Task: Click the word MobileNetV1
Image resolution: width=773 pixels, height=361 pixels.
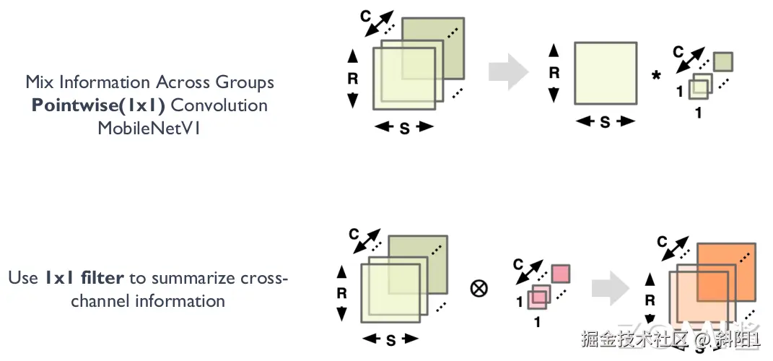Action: click(x=149, y=128)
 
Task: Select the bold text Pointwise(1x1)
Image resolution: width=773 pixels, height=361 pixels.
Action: click(x=99, y=105)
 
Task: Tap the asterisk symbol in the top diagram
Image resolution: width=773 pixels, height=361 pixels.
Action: click(x=656, y=75)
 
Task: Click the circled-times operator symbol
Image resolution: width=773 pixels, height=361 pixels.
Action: click(x=479, y=288)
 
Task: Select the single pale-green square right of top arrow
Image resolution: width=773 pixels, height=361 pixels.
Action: click(x=605, y=74)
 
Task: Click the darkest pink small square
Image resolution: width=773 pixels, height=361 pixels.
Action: click(x=560, y=274)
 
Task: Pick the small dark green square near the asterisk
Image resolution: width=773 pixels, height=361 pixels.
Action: click(x=724, y=61)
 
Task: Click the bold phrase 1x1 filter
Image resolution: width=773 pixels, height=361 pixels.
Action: click(x=84, y=277)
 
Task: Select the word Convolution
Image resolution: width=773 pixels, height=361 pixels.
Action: click(x=219, y=105)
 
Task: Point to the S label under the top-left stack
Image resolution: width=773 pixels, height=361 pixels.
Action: click(x=404, y=128)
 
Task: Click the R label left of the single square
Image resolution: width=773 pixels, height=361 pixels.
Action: click(x=554, y=72)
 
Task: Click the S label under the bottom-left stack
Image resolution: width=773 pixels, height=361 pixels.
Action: click(x=390, y=340)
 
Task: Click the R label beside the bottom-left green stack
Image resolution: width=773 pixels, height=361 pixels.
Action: click(x=342, y=292)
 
